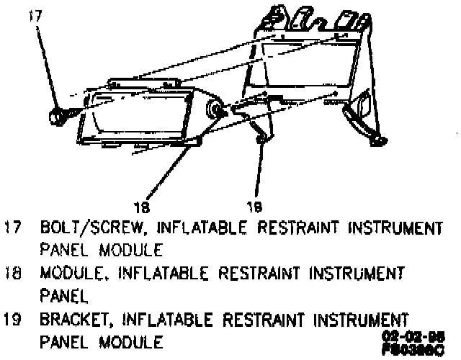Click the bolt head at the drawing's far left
[x=55, y=116]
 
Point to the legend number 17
[x=12, y=229]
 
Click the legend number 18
[x=12, y=274]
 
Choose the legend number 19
[x=12, y=318]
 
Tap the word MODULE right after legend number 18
[x=71, y=274]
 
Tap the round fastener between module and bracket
[x=214, y=109]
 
